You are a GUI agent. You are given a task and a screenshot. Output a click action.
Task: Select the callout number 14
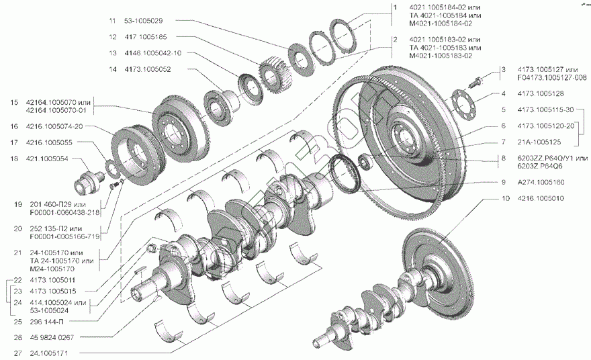tap(113, 69)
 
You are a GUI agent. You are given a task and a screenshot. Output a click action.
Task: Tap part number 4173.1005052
tap(147, 69)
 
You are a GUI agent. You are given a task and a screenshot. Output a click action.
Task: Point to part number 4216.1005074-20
tap(55, 126)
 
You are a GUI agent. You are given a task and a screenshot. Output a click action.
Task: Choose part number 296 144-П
tap(48, 321)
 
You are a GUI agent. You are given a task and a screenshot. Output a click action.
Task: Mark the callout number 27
tap(14, 353)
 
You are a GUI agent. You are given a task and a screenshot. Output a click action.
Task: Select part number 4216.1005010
tap(541, 199)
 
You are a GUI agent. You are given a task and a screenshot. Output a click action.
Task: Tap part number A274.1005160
tap(541, 182)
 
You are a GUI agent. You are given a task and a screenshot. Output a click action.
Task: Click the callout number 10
tap(504, 199)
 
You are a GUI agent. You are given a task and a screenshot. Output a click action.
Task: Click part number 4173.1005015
tap(52, 291)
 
